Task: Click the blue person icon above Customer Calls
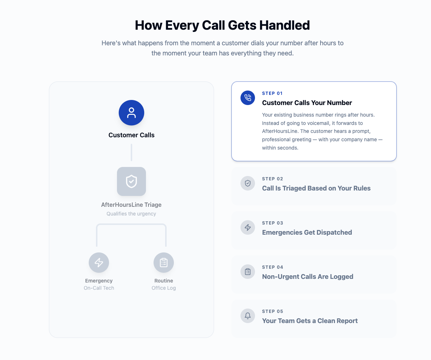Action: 131,113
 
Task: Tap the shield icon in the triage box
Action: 131,181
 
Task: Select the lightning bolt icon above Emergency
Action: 99,263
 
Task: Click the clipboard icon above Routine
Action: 164,263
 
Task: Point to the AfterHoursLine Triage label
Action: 131,205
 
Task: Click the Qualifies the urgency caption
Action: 131,214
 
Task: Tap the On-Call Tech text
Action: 99,288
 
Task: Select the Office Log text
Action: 164,288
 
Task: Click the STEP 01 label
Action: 272,93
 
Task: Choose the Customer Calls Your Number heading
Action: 307,103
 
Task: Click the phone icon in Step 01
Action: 248,98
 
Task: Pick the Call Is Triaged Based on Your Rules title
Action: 316,188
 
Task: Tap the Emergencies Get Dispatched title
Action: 307,233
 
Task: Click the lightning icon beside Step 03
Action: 248,227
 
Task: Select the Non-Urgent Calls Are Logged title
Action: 307,277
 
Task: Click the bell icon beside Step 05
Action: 248,316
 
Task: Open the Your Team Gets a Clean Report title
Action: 310,321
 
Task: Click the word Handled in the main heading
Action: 284,25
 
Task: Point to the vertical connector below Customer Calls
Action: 131,152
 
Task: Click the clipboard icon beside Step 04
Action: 248,272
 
